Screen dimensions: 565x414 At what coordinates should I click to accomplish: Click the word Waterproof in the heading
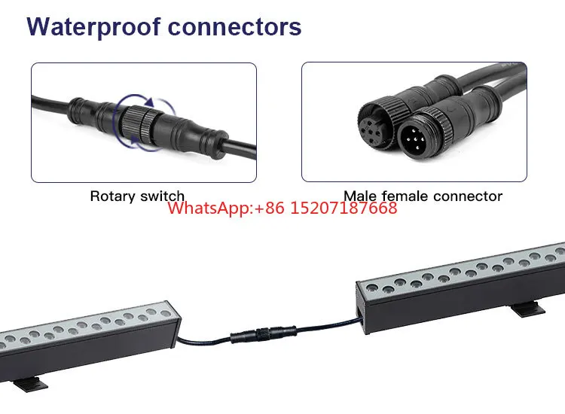(x=93, y=27)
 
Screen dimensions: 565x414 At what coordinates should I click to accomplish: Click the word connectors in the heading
(x=234, y=27)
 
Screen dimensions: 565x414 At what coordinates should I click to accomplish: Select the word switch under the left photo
(x=162, y=196)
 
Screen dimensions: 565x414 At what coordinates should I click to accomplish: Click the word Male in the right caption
(x=360, y=196)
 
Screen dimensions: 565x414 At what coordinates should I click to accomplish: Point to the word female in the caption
(x=405, y=196)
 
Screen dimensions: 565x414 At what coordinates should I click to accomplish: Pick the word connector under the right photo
(x=468, y=196)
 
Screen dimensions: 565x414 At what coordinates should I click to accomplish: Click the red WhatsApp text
(x=210, y=208)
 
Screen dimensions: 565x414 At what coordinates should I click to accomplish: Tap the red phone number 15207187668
(x=344, y=208)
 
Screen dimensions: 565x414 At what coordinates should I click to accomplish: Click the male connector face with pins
(x=415, y=138)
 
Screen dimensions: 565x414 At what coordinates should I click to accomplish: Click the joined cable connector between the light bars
(x=264, y=333)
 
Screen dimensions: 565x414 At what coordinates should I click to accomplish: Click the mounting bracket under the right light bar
(x=528, y=309)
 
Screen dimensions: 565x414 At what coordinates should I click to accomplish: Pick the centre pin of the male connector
(x=415, y=139)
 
